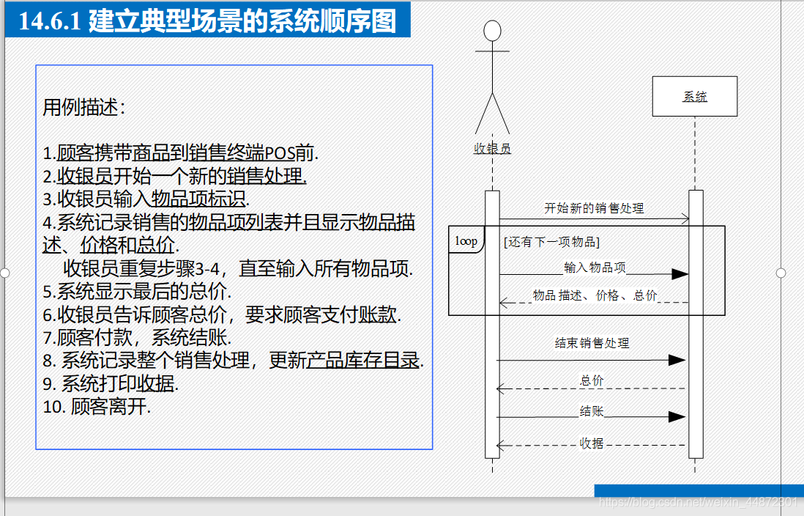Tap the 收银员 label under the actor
(492, 148)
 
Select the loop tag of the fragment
(466, 240)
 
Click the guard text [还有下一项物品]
(551, 242)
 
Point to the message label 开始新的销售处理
(594, 208)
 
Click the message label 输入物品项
(595, 268)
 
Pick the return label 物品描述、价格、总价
(595, 295)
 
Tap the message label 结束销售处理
(592, 343)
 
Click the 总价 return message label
(592, 380)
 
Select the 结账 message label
(592, 410)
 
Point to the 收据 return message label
(592, 443)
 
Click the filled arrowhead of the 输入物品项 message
(680, 274)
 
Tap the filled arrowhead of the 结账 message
(677, 417)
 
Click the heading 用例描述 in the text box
(83, 107)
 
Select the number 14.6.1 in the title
(50, 21)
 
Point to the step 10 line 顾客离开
(97, 407)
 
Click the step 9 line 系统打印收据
(111, 383)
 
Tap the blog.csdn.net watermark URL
(698, 502)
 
